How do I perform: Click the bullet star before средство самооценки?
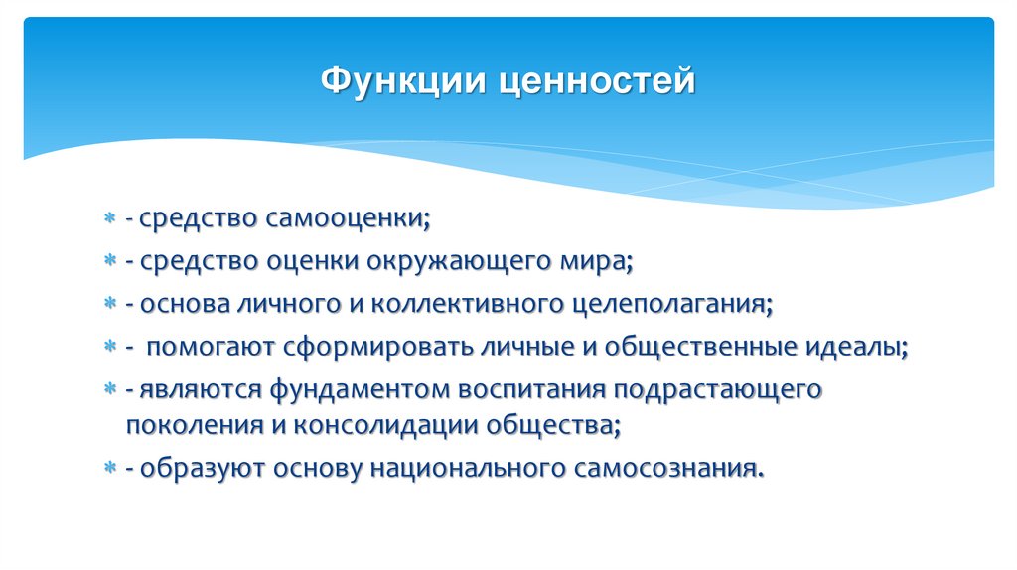pos(111,218)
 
